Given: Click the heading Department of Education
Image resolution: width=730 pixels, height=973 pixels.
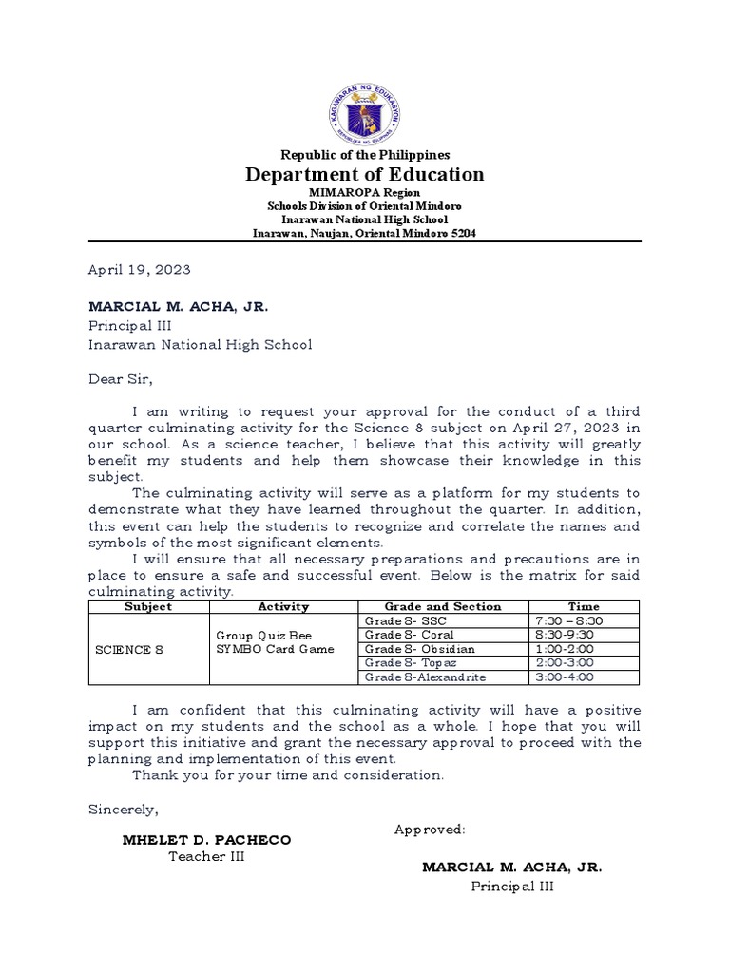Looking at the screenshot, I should (365, 174).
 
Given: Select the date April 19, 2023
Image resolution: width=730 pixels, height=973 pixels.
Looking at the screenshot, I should (140, 270).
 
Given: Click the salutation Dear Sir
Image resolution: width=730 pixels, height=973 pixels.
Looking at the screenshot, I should (120, 378).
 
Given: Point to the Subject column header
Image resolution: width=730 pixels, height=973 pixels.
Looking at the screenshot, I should (148, 606).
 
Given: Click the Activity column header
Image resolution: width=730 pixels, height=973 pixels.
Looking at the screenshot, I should (283, 606).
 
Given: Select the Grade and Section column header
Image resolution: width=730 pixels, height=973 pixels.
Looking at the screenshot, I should (442, 606).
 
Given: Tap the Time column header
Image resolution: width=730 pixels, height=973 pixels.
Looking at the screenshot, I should (584, 606).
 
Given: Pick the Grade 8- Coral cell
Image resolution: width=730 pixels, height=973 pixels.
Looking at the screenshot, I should (410, 635).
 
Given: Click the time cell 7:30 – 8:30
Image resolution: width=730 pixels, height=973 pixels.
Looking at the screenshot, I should (570, 620).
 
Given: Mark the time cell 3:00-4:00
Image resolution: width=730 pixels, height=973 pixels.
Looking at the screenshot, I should (565, 677).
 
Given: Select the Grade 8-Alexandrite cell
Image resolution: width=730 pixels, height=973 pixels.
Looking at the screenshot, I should (425, 677).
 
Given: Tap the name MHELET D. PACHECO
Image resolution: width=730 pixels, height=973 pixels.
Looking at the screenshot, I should (207, 840).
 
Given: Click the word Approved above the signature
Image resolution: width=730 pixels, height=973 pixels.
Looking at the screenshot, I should (430, 830).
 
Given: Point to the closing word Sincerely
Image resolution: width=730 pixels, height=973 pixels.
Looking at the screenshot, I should (124, 810).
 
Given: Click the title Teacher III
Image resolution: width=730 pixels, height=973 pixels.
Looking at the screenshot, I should (207, 857).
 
